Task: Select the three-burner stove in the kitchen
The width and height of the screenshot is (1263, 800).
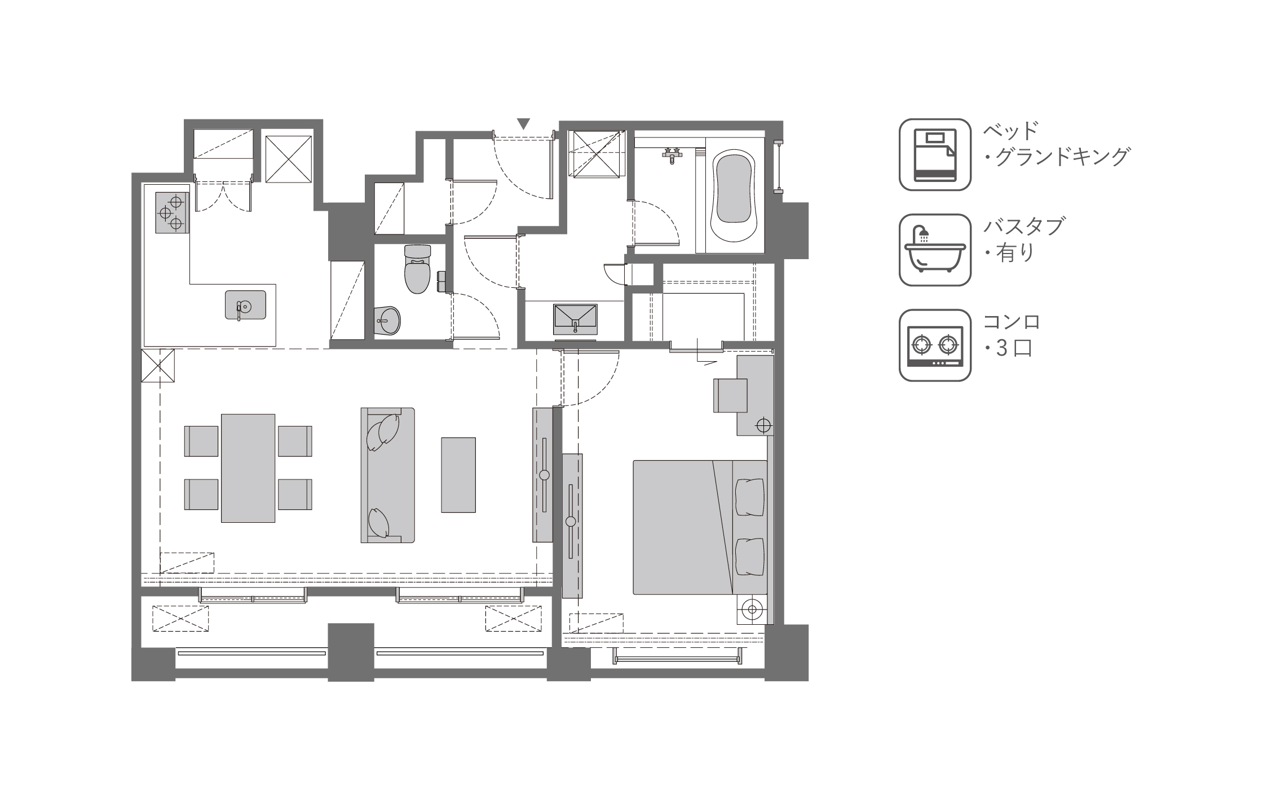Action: (x=172, y=212)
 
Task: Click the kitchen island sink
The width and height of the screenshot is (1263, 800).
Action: (x=245, y=305)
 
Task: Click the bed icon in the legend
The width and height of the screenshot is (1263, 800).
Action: (x=934, y=154)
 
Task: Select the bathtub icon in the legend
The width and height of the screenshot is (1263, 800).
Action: (x=934, y=250)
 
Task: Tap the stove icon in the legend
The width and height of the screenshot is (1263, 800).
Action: (x=934, y=345)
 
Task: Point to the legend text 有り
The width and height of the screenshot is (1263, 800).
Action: (x=1015, y=253)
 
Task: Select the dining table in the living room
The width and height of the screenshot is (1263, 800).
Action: (x=248, y=468)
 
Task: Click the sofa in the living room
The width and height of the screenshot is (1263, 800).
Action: (x=388, y=475)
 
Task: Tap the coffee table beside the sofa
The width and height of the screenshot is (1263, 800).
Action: (x=458, y=474)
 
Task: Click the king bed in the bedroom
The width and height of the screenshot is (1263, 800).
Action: (x=699, y=527)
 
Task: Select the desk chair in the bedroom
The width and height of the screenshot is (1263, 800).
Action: (x=730, y=395)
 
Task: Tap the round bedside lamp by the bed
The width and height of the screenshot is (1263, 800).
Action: (x=752, y=608)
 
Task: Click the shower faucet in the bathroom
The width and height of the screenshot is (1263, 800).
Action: (x=671, y=154)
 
